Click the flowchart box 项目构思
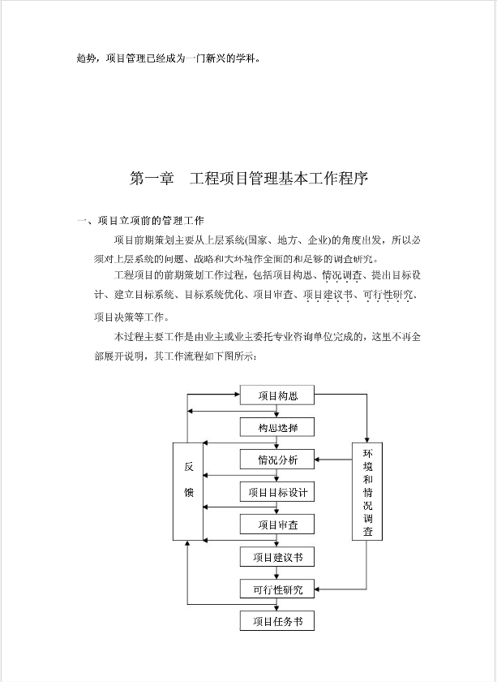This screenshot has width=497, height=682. (x=277, y=395)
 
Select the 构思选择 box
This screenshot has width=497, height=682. (x=277, y=428)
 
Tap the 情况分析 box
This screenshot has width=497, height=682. (x=277, y=460)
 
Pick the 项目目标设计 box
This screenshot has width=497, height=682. (x=277, y=492)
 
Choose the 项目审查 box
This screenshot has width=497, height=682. (x=277, y=524)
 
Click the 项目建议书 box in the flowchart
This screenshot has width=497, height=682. (x=277, y=557)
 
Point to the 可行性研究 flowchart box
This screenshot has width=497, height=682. (x=277, y=589)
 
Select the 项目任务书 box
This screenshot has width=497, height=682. (x=277, y=621)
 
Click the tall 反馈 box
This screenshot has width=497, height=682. (x=188, y=491)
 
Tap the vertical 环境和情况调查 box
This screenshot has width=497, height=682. (x=367, y=491)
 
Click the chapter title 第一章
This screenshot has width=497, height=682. (x=152, y=179)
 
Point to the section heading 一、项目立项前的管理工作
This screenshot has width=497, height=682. (x=139, y=220)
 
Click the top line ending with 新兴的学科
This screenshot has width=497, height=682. (x=169, y=58)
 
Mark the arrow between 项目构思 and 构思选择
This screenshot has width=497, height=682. (x=277, y=412)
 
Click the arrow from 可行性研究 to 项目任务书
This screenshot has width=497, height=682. (x=277, y=606)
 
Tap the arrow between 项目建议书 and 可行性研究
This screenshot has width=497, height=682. (x=277, y=573)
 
